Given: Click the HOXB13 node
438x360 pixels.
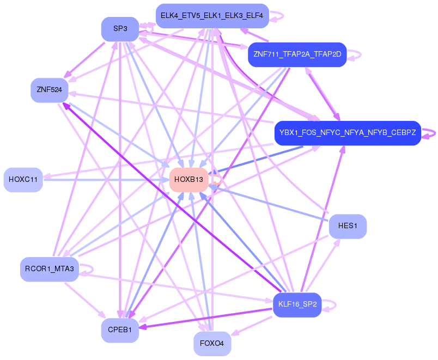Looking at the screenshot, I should (189, 180).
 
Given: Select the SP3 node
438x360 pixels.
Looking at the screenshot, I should (120, 29).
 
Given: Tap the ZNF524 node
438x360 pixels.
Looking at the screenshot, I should (49, 90).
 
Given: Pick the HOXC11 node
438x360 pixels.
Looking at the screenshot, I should (23, 180).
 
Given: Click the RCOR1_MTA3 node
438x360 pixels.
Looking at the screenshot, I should (50, 269).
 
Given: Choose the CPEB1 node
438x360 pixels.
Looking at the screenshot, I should (120, 330).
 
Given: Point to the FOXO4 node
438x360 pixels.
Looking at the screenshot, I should (212, 344).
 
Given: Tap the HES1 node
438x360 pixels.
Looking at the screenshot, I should (348, 226).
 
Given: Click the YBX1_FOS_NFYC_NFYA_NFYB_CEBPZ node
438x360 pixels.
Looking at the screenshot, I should (348, 133).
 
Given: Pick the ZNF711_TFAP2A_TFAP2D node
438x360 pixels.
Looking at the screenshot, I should (297, 54).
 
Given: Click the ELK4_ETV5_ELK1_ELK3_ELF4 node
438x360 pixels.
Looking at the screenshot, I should (212, 16).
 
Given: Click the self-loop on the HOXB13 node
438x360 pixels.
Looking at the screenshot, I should (216, 180).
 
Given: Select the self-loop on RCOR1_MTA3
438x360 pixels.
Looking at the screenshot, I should (88, 269).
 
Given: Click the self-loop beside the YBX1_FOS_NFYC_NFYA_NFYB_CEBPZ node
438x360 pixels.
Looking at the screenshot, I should (430, 133).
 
